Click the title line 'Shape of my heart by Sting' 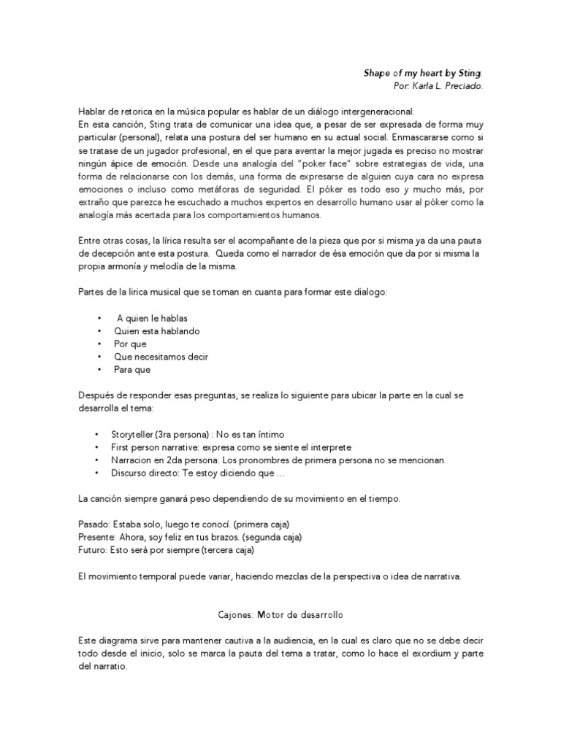coord(423,74)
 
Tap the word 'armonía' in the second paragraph coord(129,267)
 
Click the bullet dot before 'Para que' coord(99,370)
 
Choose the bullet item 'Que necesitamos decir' coord(161,357)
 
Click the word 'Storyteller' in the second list coord(131,434)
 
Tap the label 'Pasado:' coord(92,525)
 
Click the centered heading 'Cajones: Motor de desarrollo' coord(280,615)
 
